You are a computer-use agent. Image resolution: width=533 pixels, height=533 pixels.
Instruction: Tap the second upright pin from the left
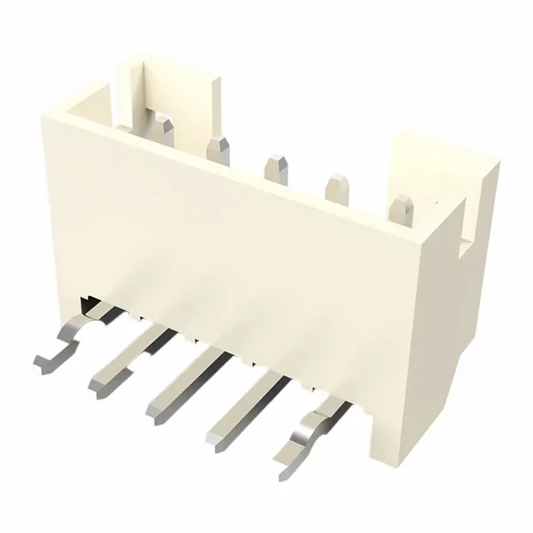[x=219, y=148]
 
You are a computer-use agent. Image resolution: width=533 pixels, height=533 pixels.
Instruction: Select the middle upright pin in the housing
[x=276, y=168]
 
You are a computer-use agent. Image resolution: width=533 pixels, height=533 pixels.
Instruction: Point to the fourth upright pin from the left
[x=334, y=188]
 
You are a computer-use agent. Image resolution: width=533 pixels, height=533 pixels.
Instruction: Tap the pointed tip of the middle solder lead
[x=155, y=418]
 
